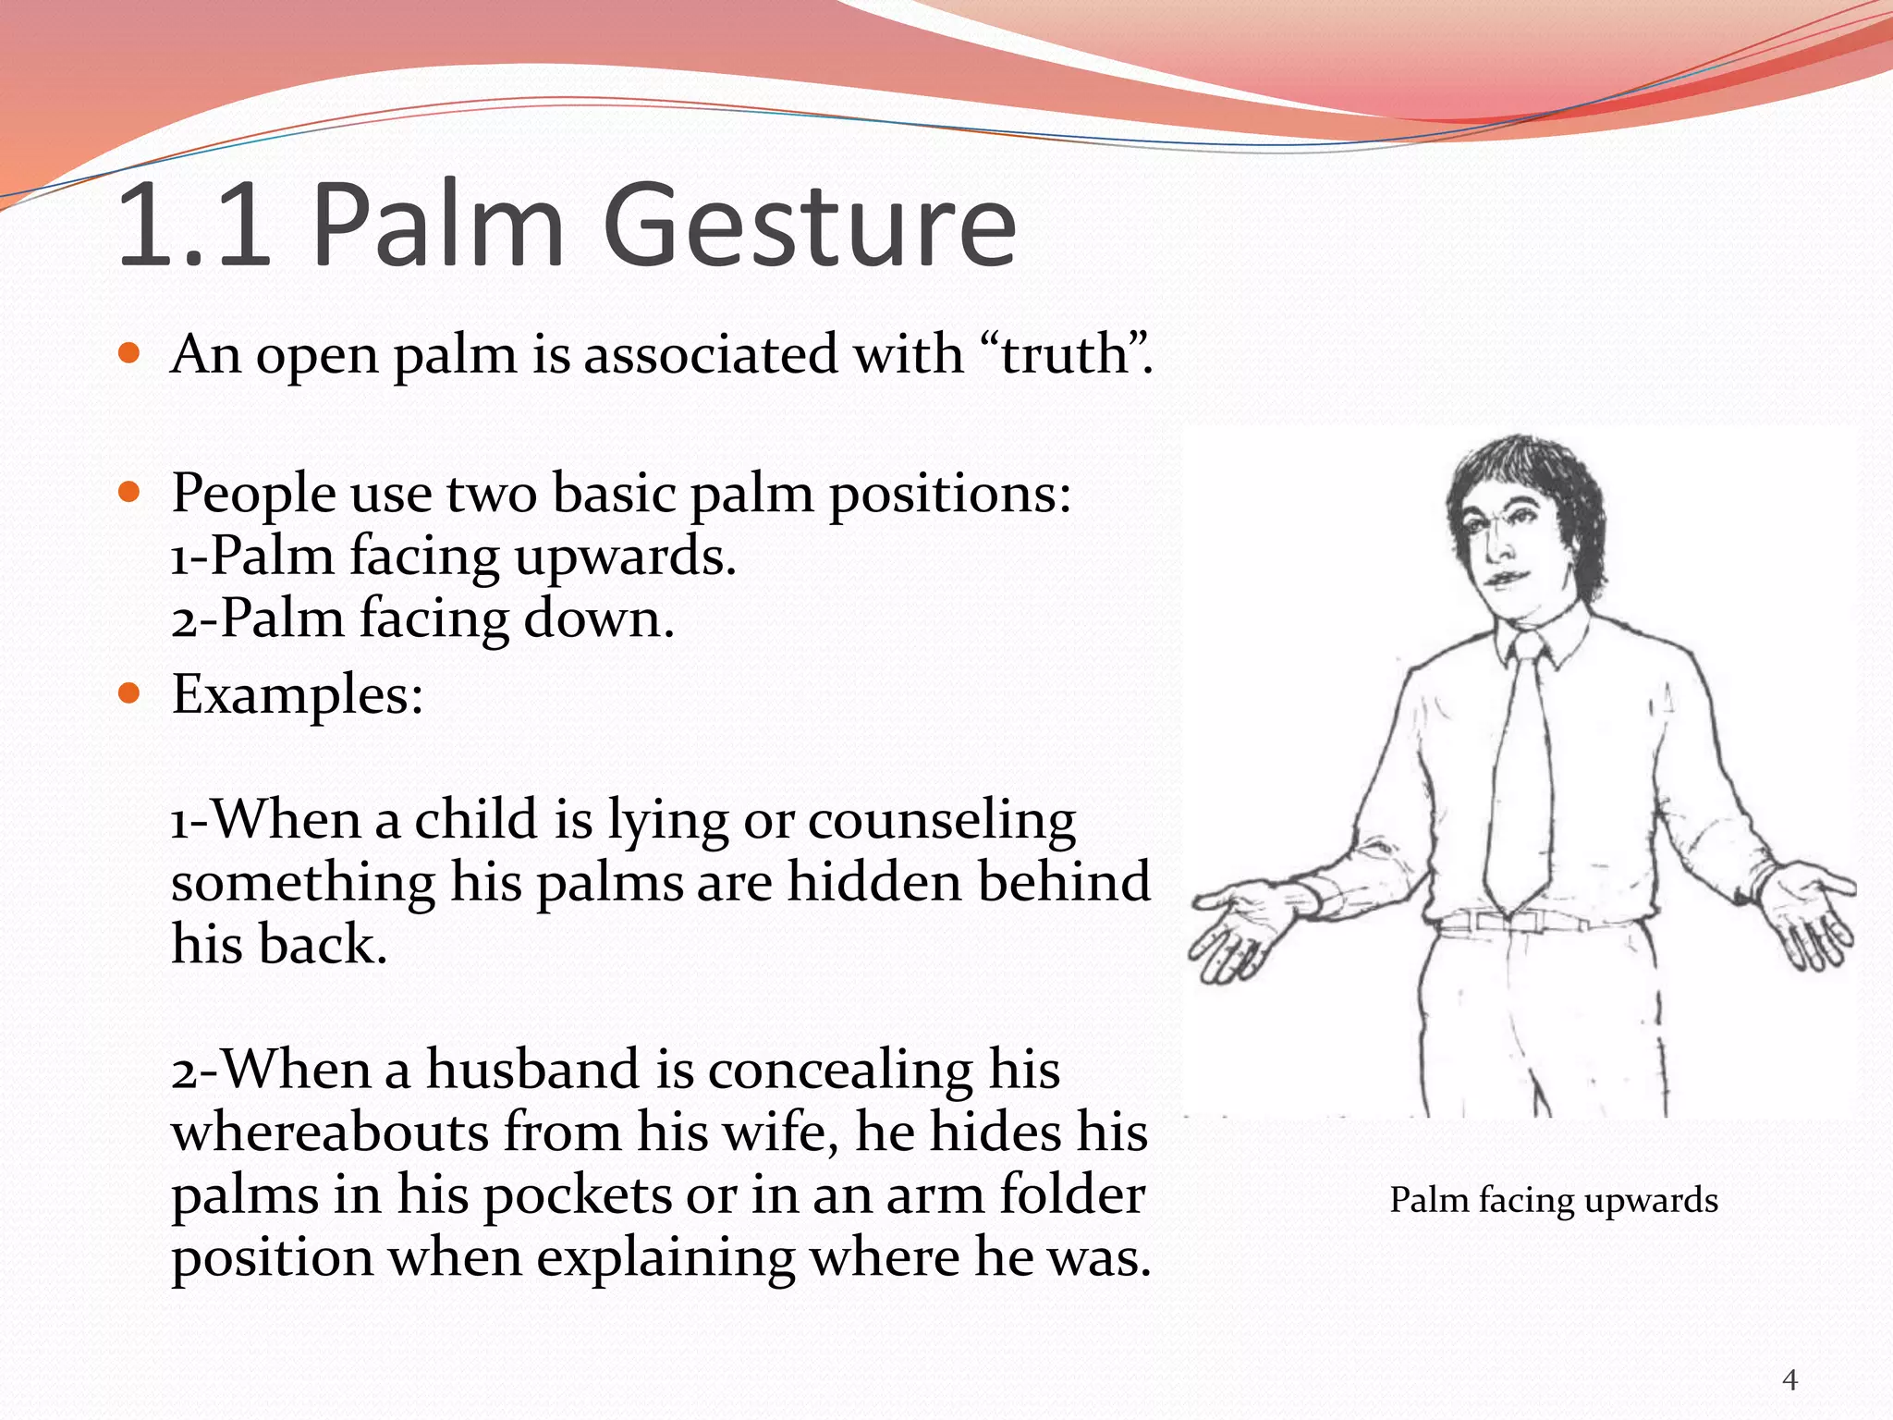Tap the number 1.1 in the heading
click(194, 226)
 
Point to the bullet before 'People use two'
click(129, 491)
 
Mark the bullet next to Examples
click(129, 692)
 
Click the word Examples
click(298, 694)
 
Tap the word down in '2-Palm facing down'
click(599, 618)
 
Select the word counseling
click(942, 821)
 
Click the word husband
click(532, 1070)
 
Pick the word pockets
click(578, 1195)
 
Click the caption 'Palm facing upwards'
click(1554, 1200)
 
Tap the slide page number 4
click(1789, 1380)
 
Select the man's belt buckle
click(1513, 921)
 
